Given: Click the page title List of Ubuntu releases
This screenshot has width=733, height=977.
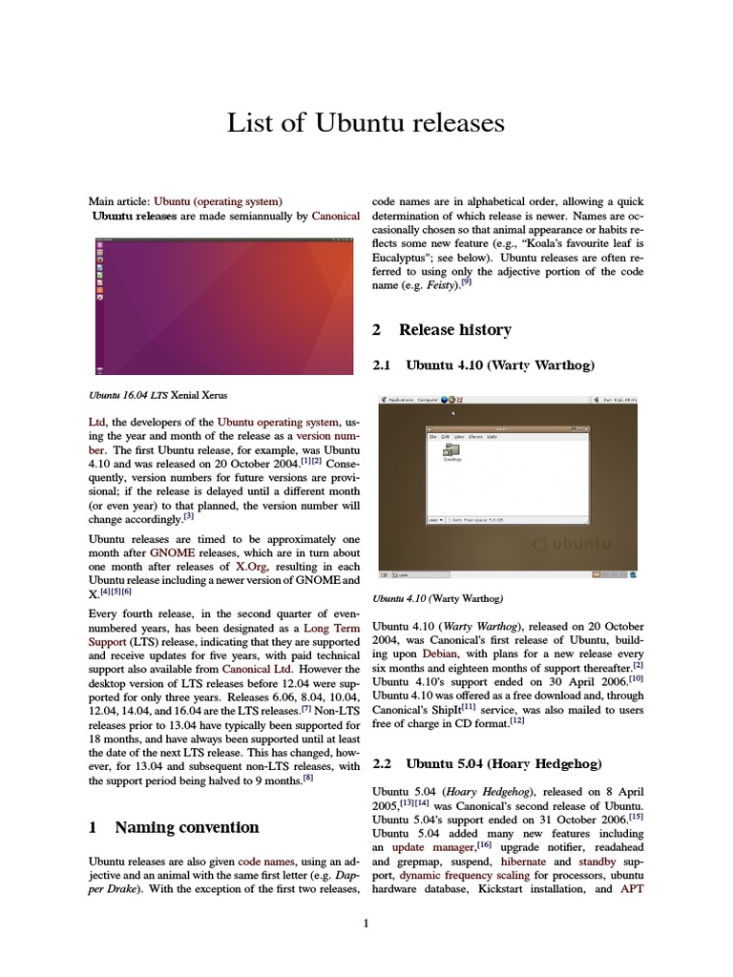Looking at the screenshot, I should pyautogui.click(x=366, y=123).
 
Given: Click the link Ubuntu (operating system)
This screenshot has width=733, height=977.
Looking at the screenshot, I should pyautogui.click(x=218, y=201).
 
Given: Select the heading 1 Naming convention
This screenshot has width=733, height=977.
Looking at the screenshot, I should pyautogui.click(x=174, y=826).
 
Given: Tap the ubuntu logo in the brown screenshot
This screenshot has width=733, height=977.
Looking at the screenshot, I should pyautogui.click(x=572, y=544).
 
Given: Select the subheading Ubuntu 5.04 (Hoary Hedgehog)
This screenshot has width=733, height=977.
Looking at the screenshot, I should pyautogui.click(x=486, y=763).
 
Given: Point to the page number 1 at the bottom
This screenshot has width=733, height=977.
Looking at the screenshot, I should pyautogui.click(x=366, y=923).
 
